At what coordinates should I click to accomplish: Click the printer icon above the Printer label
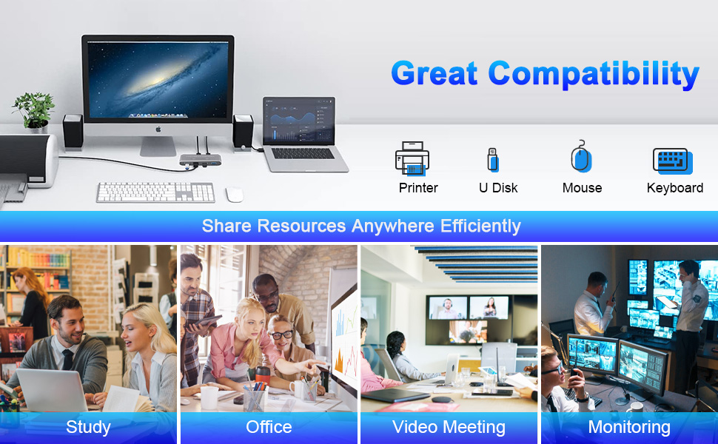coord(412,158)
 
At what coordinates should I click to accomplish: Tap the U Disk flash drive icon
coord(493,160)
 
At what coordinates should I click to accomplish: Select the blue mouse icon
coord(581,157)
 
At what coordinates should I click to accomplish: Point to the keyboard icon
coord(673,161)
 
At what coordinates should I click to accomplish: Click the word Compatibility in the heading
coord(594,74)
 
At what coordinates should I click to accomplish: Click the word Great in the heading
coord(435,73)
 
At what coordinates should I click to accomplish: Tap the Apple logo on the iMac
coord(158,129)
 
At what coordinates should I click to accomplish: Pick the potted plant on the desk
coord(34,112)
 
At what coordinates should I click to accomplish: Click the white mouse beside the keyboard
coord(235,194)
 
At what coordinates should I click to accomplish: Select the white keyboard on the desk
coord(155,192)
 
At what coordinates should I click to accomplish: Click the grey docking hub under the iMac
coord(200,160)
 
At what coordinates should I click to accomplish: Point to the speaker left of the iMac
coord(73,132)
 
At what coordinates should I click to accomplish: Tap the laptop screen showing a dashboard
coord(299,121)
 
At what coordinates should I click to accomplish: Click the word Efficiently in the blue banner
coord(480,226)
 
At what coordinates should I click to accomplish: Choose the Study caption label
coord(88,427)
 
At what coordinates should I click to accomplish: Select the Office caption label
coord(269,427)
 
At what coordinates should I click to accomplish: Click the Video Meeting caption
coord(449,427)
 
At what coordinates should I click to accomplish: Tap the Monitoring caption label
coord(629,427)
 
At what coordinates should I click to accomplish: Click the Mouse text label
coord(582,188)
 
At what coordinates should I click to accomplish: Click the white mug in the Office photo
coord(209,397)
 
